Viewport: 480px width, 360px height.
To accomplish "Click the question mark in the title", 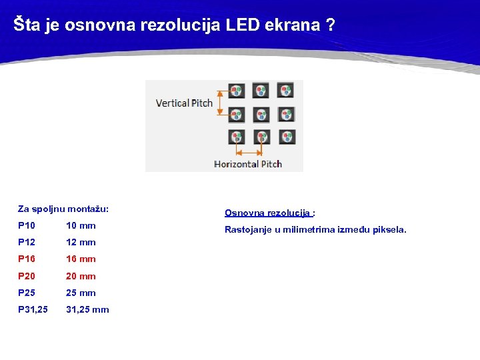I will pyautogui.click(x=330, y=25).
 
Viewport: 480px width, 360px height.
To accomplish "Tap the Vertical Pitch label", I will pyautogui.click(x=184, y=103).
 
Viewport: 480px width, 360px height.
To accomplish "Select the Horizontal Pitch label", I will pyautogui.click(x=248, y=164).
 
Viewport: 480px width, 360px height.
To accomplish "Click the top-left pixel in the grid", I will pyautogui.click(x=237, y=91).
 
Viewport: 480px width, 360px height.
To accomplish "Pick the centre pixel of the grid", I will pyautogui.click(x=261, y=115).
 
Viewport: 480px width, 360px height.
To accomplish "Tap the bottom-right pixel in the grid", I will pyautogui.click(x=285, y=137).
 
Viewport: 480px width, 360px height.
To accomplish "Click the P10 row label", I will pyautogui.click(x=27, y=226).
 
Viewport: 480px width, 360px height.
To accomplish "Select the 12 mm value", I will pyautogui.click(x=81, y=243).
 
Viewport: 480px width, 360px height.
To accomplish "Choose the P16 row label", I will pyautogui.click(x=27, y=259).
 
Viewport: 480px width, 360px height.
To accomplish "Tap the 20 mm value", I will pyautogui.click(x=81, y=276).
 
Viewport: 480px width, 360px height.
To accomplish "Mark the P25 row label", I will pyautogui.click(x=27, y=293).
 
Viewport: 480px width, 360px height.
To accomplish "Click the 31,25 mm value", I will pyautogui.click(x=87, y=309).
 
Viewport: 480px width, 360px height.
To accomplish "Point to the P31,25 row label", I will pyautogui.click(x=33, y=309).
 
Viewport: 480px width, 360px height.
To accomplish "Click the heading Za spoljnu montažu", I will pyautogui.click(x=63, y=209).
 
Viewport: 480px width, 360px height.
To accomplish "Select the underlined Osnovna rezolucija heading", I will pyautogui.click(x=268, y=213).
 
